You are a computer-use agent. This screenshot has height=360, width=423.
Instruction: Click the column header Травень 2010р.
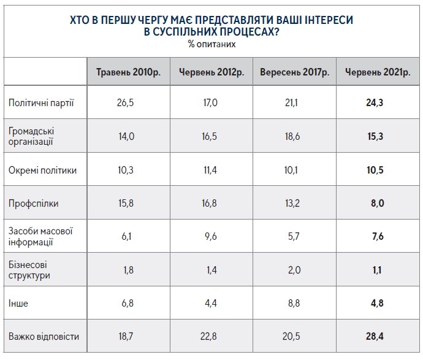point(128,72)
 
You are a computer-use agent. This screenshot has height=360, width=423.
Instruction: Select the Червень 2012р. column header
point(211,72)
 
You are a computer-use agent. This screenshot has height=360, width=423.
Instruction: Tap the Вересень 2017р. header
point(295,72)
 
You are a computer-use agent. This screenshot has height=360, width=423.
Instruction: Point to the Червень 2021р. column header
point(378,72)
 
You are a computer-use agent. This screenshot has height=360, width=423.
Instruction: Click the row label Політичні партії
point(41,102)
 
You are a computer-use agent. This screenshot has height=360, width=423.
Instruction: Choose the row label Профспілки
point(33,204)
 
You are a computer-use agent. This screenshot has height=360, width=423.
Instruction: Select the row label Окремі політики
point(43,170)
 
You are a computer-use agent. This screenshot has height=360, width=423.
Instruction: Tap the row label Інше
point(18,303)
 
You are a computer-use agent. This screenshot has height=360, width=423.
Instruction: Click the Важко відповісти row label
point(44,337)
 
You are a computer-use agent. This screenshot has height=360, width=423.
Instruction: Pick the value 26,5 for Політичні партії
point(125,102)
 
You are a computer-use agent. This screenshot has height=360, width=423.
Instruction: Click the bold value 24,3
point(375,102)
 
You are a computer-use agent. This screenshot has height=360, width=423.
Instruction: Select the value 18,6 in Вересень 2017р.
point(292,136)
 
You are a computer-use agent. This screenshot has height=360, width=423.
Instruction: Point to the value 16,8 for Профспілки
point(210,204)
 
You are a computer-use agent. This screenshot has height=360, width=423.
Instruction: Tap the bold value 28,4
point(375,337)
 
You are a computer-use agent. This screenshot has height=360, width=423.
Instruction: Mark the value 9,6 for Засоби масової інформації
point(210,237)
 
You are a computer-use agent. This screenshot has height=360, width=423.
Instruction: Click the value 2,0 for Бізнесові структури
point(292,270)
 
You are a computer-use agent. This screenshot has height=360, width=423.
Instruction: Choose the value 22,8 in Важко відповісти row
point(210,337)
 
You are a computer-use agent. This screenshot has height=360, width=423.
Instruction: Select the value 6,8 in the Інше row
point(125,303)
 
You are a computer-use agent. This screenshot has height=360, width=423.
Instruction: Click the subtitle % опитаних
point(211,44)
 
